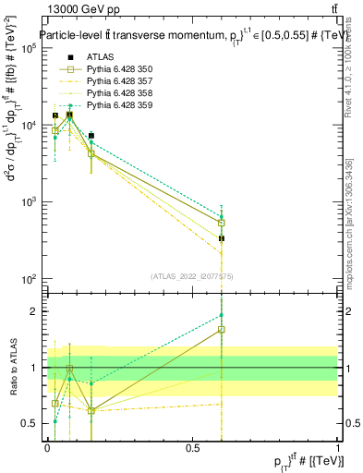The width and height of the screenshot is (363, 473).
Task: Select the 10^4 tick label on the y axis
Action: (x=27, y=125)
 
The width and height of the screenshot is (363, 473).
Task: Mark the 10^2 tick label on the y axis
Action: (x=27, y=278)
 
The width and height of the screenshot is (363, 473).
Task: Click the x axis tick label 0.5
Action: (x=192, y=448)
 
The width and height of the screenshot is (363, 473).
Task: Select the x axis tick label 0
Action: (x=47, y=448)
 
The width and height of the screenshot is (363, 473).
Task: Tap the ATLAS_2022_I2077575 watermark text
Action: (x=192, y=276)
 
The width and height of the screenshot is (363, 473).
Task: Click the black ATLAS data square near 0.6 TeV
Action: (x=222, y=238)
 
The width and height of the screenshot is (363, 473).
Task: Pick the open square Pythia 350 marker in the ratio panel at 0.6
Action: (x=222, y=329)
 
